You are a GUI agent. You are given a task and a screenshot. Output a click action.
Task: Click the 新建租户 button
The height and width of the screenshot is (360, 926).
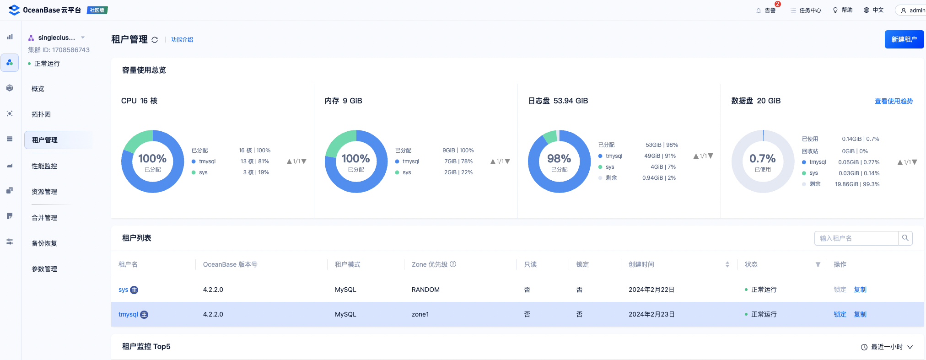point(904,39)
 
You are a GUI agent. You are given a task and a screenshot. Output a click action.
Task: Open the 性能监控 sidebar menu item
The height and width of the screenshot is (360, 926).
point(44,166)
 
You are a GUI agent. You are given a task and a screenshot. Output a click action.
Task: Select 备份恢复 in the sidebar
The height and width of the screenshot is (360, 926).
point(44,243)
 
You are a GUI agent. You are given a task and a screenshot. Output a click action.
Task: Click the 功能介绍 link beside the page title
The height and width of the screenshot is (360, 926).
point(182,40)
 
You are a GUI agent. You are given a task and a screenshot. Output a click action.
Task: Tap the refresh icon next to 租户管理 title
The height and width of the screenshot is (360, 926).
point(155,40)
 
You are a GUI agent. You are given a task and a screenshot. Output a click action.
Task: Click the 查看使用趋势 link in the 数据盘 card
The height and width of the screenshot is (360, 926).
point(894,101)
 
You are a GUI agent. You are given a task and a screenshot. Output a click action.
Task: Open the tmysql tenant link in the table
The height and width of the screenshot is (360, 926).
point(128,314)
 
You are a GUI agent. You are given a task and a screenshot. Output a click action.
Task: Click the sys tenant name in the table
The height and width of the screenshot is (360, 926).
point(123,290)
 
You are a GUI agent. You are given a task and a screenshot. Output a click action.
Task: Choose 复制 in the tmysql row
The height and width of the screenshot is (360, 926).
point(860,314)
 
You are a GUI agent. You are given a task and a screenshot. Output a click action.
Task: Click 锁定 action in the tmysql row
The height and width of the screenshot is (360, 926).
point(840,314)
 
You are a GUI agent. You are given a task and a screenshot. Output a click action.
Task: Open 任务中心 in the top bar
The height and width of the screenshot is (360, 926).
point(806,10)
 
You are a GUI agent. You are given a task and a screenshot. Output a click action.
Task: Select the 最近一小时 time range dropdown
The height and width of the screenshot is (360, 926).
point(887,347)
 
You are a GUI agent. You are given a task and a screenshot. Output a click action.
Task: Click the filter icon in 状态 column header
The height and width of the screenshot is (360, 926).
point(818,264)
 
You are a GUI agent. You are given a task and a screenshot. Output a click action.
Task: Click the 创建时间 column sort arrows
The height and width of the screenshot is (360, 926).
point(727,264)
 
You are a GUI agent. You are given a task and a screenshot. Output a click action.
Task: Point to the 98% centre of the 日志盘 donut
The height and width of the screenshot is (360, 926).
point(559,161)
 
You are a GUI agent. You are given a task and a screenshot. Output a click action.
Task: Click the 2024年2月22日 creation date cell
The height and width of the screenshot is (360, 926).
point(651,290)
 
